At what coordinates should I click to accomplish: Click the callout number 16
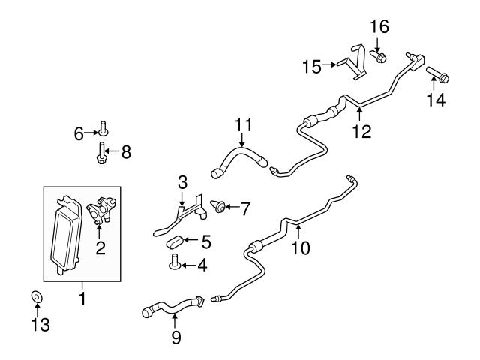tap(379, 28)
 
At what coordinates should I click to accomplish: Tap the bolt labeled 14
tap(437, 75)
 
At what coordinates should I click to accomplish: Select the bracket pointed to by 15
tap(353, 63)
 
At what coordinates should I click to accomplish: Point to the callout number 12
tap(361, 131)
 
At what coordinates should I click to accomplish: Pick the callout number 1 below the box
tap(82, 298)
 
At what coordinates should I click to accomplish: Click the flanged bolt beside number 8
tap(100, 152)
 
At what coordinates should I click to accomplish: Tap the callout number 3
tap(181, 182)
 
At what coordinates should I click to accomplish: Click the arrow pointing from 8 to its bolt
tap(112, 152)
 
